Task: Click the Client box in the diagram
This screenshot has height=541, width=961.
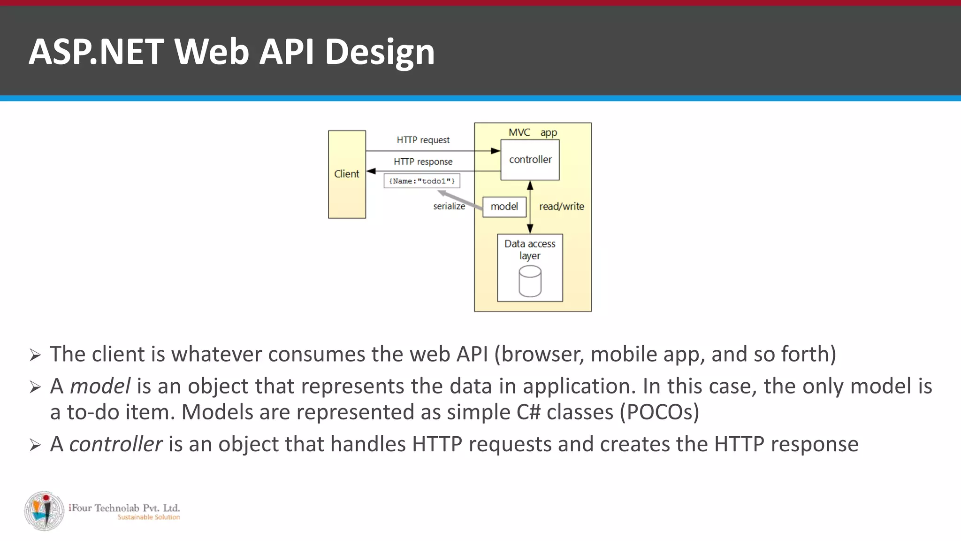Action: pos(347,174)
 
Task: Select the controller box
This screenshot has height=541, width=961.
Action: pos(530,160)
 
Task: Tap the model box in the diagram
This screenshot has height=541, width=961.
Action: pos(504,207)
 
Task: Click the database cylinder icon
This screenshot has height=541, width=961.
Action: pos(530,281)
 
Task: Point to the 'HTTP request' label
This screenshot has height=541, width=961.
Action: pos(423,140)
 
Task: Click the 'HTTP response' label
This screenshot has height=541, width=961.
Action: pos(423,162)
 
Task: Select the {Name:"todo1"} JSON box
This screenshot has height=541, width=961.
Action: pos(421,181)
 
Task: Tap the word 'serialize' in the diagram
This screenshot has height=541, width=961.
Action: pos(449,206)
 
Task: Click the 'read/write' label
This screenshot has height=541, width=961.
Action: pos(561,207)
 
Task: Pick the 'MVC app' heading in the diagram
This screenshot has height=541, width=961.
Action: pos(532,132)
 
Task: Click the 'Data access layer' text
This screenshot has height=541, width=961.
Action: pos(530,249)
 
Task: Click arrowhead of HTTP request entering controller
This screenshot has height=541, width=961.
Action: pos(496,151)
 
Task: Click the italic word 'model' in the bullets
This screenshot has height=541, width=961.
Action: pos(99,386)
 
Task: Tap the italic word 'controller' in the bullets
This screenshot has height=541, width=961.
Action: pos(115,444)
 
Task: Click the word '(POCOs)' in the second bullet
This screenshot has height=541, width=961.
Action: pos(659,412)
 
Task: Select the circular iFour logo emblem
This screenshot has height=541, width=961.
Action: pos(44,511)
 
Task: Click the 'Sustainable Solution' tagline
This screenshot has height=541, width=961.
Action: pos(148,517)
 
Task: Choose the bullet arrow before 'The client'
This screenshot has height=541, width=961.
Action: pos(35,355)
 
